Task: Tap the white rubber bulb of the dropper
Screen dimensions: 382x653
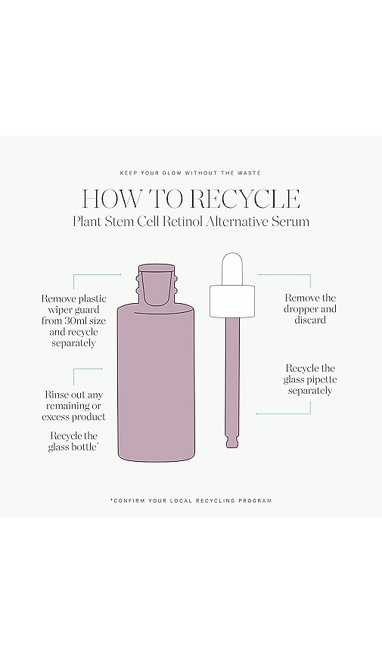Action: coord(232,269)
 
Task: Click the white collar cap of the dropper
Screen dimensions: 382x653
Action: coord(232,301)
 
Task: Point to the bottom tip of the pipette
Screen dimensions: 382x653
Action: coord(232,447)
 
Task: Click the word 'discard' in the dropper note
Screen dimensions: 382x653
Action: coord(310,320)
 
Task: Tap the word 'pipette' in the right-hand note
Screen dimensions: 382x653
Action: coord(321,380)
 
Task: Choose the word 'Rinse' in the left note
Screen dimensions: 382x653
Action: coord(56,395)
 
